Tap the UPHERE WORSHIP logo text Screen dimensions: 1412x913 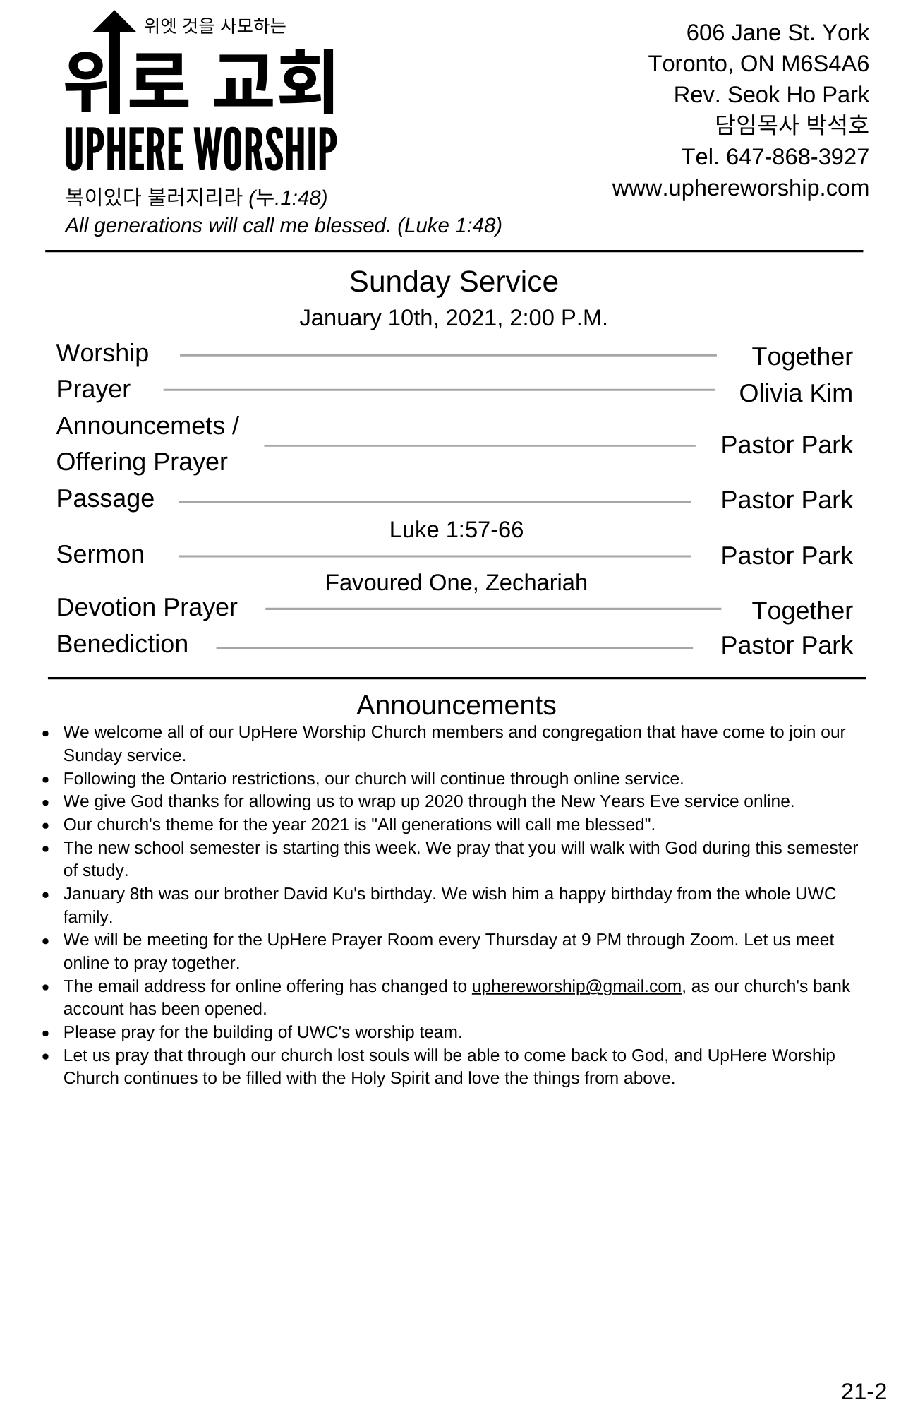(200, 150)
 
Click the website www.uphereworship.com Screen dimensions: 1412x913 (740, 189)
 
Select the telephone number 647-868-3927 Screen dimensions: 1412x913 (797, 157)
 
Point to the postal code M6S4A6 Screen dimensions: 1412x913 (825, 64)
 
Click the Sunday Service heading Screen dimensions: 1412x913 (453, 282)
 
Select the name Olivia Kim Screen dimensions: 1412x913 (795, 394)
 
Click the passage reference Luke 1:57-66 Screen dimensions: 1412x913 (456, 529)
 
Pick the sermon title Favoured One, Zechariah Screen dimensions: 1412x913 (456, 582)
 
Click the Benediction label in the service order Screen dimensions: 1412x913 (122, 644)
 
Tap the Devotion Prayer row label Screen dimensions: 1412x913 (147, 607)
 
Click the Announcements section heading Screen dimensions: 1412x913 (456, 705)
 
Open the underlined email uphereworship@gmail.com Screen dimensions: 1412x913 (576, 986)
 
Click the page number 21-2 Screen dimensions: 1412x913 (863, 1392)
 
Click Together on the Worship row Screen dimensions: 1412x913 (802, 357)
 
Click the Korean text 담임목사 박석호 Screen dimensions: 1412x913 (792, 126)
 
